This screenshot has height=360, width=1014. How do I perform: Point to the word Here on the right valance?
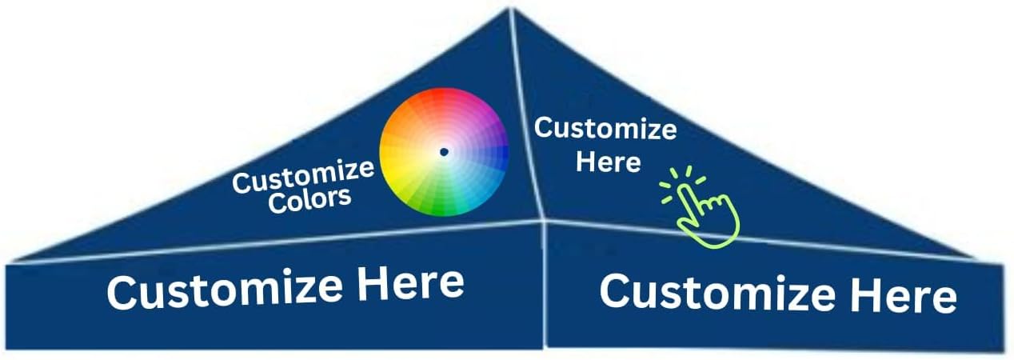click(903, 298)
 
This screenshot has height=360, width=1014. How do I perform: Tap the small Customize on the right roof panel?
click(605, 129)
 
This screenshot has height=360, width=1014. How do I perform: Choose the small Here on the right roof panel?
click(609, 162)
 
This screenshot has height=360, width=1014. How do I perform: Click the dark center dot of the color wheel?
click(444, 151)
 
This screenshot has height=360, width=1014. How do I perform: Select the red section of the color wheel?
click(436, 104)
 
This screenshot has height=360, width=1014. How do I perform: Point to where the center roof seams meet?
click(543, 220)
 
